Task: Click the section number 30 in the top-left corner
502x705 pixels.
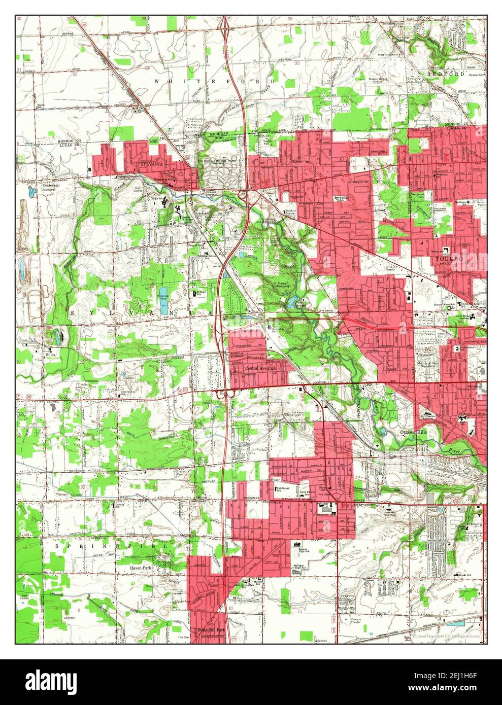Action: [19, 4]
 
